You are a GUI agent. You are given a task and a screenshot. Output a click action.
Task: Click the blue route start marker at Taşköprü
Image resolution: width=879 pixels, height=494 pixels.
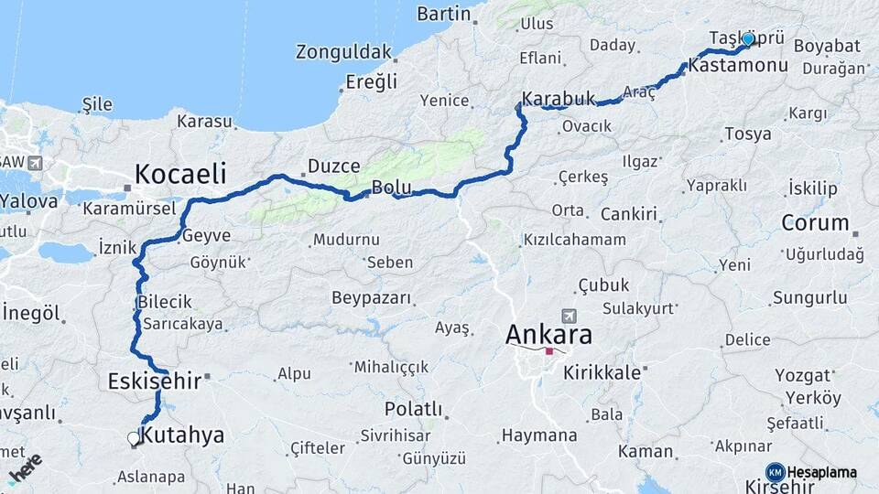pyautogui.click(x=748, y=39)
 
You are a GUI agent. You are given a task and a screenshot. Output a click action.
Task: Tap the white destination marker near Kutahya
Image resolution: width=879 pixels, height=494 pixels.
pyautogui.click(x=134, y=439)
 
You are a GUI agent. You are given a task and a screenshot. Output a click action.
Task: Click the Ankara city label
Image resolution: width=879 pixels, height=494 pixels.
pyautogui.click(x=548, y=335)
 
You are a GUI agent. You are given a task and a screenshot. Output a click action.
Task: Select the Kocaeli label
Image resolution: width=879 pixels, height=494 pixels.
pyautogui.click(x=180, y=173)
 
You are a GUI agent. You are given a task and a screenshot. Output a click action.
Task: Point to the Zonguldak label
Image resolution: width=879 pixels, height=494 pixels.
pyautogui.click(x=343, y=52)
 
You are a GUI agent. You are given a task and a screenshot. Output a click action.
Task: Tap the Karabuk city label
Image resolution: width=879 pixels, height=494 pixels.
pyautogui.click(x=559, y=98)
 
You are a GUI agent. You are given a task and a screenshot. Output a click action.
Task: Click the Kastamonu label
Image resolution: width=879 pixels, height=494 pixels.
pyautogui.click(x=737, y=66)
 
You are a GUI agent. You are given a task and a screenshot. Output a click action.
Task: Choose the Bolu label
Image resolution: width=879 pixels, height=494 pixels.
pyautogui.click(x=390, y=188)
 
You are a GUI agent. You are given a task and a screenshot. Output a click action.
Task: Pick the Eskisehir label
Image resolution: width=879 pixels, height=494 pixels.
pyautogui.click(x=154, y=381)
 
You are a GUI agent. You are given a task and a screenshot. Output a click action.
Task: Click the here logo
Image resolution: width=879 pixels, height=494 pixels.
pyautogui.click(x=25, y=467)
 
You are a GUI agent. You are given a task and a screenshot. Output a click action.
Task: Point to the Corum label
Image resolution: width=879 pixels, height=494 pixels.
pyautogui.click(x=815, y=222)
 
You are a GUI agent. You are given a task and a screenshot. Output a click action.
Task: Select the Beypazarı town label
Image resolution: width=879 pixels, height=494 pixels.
pyautogui.click(x=371, y=299)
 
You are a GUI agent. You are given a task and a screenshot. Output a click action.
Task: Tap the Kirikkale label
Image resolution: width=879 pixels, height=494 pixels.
pyautogui.click(x=602, y=372)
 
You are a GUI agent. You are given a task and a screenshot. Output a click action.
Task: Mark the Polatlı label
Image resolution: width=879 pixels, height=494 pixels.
pyautogui.click(x=413, y=408)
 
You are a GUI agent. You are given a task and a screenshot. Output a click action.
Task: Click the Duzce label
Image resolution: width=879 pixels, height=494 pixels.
pyautogui.click(x=333, y=166)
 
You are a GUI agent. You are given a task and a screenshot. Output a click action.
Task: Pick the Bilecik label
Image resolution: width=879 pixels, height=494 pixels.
pyautogui.click(x=165, y=302)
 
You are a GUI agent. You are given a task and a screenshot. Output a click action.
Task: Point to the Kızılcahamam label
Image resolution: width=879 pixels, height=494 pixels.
pyautogui.click(x=574, y=240)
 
